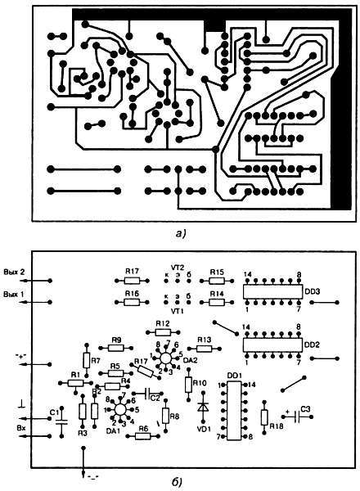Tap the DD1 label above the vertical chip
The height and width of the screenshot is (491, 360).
click(x=235, y=374)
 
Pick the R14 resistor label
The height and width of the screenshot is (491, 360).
click(x=217, y=293)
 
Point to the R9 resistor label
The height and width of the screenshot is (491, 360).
click(x=116, y=340)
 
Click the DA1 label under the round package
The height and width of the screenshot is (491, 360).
click(x=115, y=430)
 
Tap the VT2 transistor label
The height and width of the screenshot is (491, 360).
click(x=175, y=267)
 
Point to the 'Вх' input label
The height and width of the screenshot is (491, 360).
click(x=22, y=426)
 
